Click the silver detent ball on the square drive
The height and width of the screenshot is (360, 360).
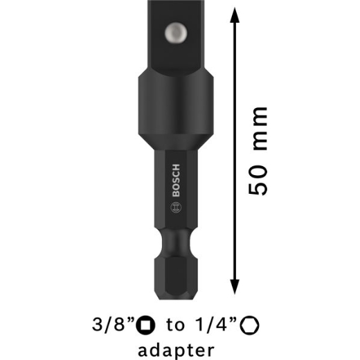176,33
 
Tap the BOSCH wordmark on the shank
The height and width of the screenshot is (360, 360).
176,180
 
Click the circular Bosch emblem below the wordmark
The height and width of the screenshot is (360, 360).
176,207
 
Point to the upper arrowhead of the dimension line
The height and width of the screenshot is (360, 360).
235,15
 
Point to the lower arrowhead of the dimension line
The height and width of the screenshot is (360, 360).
235,287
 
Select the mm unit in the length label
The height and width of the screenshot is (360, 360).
260,129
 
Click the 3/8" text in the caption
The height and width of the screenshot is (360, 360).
113,325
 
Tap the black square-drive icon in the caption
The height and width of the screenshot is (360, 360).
145,325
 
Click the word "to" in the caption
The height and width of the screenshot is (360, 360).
175,325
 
